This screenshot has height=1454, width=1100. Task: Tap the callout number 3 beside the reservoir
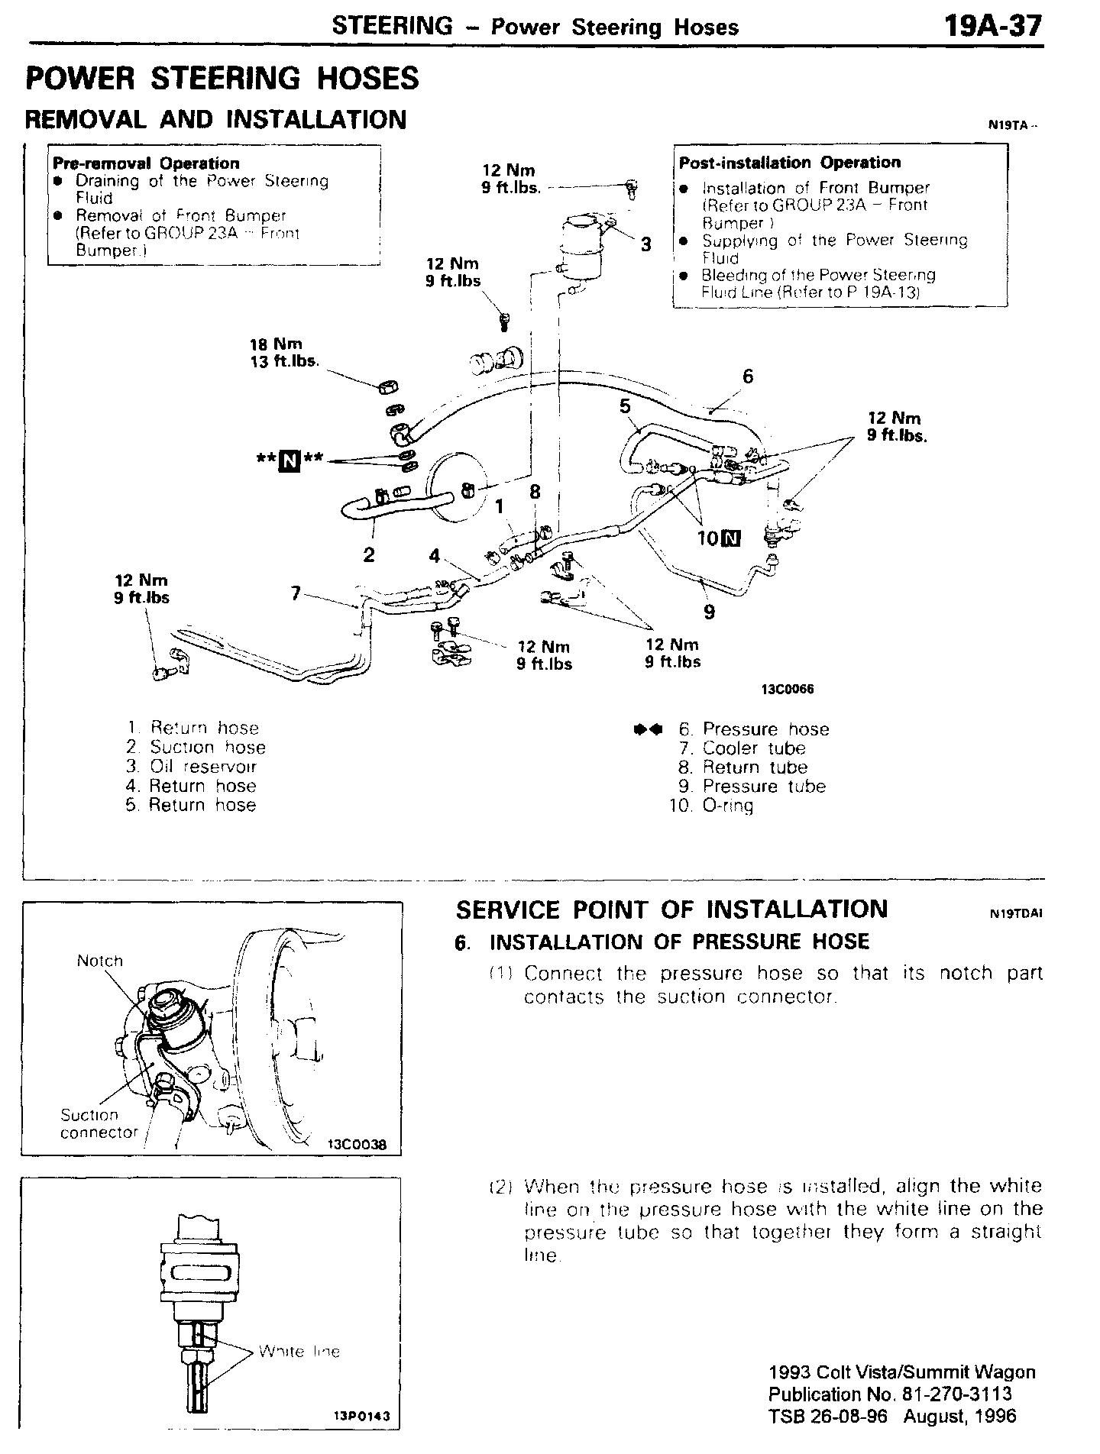646,244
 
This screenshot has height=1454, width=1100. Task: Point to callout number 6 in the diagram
748,376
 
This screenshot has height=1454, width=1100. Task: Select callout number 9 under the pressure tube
710,611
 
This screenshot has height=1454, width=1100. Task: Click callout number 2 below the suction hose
369,554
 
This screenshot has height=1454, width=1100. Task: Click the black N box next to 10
731,538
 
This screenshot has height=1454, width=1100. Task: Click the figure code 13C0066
788,689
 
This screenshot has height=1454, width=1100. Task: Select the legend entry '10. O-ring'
711,806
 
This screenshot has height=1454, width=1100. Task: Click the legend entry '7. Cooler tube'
742,748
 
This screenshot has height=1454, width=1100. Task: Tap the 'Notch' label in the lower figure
99,961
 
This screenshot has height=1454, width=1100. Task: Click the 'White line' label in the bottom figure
299,1352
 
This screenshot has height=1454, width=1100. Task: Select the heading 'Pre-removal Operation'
146,163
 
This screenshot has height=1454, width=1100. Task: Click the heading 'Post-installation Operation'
790,163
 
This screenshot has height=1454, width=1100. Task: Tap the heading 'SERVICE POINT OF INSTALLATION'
671,910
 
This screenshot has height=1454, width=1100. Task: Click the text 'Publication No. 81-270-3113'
890,1394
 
